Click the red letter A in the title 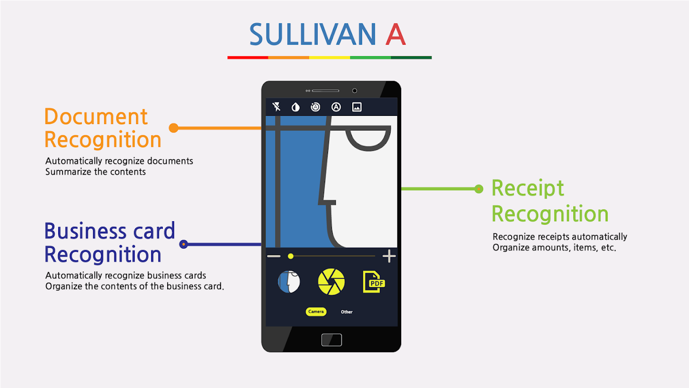coord(395,34)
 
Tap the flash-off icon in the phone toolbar coord(276,107)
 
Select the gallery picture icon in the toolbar coord(357,107)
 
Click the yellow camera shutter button coord(331,282)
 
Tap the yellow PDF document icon coord(374,282)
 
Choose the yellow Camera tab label coord(316,312)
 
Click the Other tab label coord(346,312)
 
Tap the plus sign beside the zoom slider coord(389,256)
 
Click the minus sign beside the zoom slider coord(274,256)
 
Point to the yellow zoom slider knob coord(290,256)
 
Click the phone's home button coord(331,340)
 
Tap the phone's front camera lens coord(355,91)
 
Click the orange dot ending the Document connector coord(174,128)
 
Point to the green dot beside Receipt coord(479,189)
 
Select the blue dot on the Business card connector coord(184,244)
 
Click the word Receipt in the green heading coord(528,188)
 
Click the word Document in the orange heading coord(96,117)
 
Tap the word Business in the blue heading coord(85,231)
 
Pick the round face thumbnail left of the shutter coord(289,282)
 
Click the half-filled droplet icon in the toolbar coord(296,107)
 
